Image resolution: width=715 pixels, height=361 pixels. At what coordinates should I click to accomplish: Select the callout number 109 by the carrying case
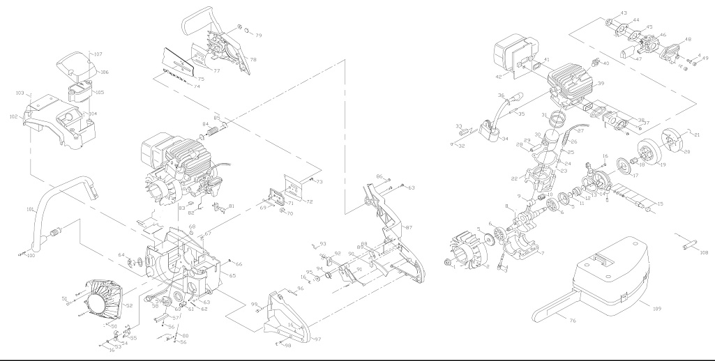pyautogui.click(x=656, y=305)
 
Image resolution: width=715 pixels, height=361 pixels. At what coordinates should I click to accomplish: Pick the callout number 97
pyautogui.click(x=317, y=339)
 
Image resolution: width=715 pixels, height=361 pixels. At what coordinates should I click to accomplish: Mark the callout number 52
pyautogui.click(x=128, y=305)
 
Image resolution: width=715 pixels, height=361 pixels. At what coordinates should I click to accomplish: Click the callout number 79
pyautogui.click(x=258, y=35)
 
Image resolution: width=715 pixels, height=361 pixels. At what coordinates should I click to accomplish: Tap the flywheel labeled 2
pyautogui.click(x=467, y=255)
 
